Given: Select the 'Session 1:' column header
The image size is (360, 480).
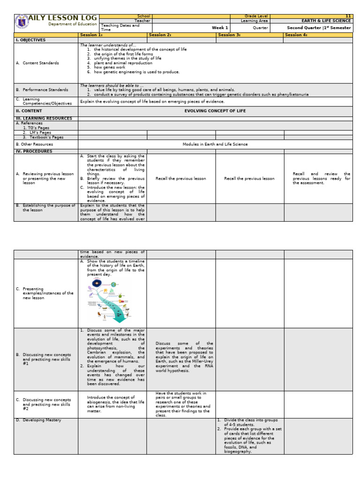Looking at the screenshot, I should [91, 35].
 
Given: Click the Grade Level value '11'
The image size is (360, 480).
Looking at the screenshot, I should [347, 16].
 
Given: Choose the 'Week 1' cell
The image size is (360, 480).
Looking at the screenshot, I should [220, 28].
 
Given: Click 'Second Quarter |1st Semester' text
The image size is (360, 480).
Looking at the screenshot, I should [319, 28].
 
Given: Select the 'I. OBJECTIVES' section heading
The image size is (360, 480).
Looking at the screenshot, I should [31, 40].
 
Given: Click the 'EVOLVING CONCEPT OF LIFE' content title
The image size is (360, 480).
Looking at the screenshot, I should [215, 111].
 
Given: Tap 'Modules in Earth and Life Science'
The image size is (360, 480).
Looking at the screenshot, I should [215, 144].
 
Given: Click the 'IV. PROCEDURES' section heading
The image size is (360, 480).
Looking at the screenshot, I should [33, 151].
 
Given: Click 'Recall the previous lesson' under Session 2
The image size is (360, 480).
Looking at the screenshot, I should [180, 179].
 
